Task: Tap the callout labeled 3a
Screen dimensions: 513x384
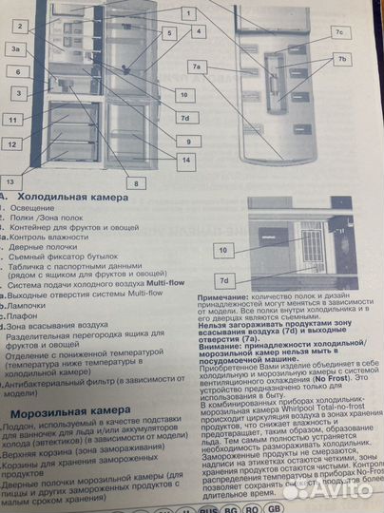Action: pos(16,48)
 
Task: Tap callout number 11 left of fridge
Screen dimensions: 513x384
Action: pos(13,121)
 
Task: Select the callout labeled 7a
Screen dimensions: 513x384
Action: pos(197,67)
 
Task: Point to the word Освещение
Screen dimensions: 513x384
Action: pos(33,208)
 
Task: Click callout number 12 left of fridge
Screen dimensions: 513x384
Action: pos(12,144)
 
